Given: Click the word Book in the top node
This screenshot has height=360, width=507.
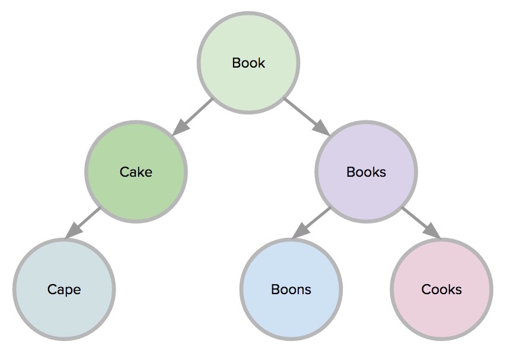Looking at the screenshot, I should (x=248, y=63).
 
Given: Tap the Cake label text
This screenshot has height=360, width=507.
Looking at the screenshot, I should (x=136, y=172).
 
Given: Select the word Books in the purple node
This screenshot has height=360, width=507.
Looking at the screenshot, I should (x=366, y=172).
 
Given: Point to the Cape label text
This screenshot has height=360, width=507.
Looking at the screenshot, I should (x=64, y=289).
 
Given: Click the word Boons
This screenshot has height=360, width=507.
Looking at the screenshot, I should (x=291, y=289).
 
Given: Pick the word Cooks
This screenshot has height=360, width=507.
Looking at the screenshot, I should (x=441, y=289).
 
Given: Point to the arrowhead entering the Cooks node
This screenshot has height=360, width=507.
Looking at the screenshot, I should (x=433, y=232).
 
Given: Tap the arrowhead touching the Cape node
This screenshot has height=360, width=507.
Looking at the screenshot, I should (x=72, y=232).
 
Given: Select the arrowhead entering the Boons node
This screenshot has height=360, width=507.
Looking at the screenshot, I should (x=299, y=232).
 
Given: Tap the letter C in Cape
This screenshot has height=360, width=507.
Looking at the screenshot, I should (x=52, y=289).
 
